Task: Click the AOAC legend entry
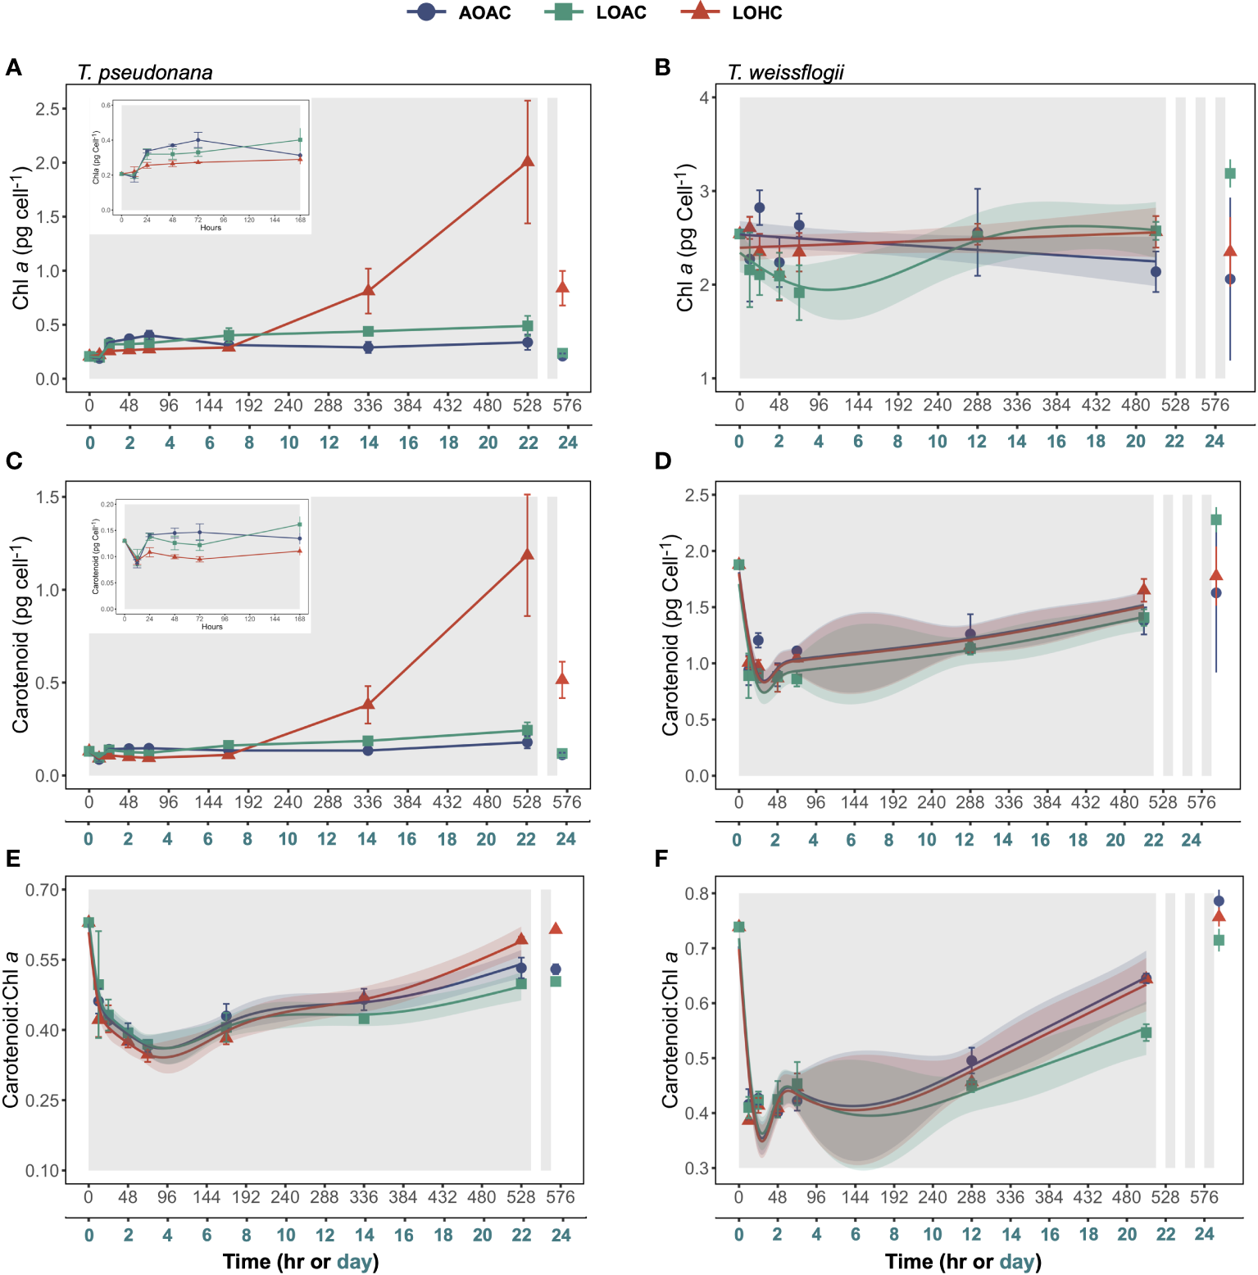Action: [460, 12]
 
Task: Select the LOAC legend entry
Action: [596, 12]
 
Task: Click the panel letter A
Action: [13, 67]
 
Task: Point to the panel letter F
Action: [661, 858]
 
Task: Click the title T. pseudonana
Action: [145, 73]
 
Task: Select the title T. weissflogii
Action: [786, 73]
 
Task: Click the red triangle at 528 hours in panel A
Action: [528, 161]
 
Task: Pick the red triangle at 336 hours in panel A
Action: [368, 290]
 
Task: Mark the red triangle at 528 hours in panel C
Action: [527, 555]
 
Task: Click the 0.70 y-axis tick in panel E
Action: [43, 890]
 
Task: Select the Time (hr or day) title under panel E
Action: [301, 1261]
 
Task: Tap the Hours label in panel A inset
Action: [211, 228]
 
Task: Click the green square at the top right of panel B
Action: [1229, 174]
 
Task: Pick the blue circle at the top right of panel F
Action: [1219, 901]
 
